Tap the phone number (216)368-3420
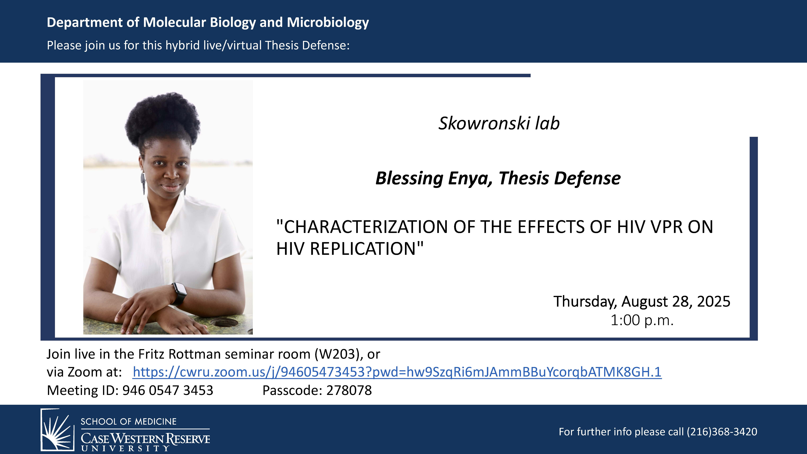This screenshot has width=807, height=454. click(722, 432)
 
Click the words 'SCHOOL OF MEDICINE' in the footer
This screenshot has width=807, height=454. click(128, 421)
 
